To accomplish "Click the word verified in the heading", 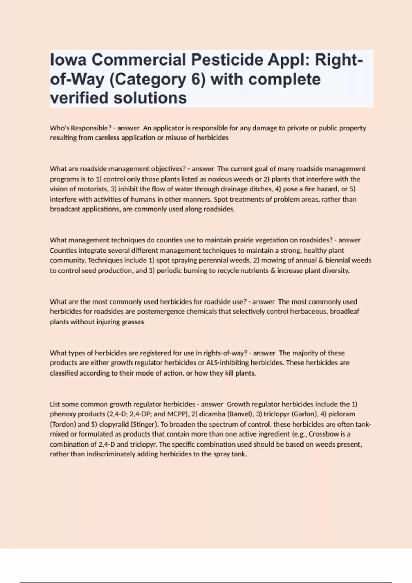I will (x=79, y=98).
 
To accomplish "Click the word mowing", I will (x=271, y=260).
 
